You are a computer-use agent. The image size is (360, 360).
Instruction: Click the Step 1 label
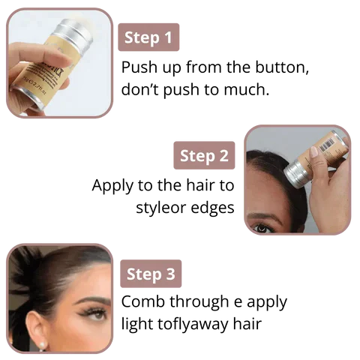[148, 37]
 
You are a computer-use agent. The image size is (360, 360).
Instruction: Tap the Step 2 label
[204, 155]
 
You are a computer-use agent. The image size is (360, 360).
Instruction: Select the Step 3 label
[151, 274]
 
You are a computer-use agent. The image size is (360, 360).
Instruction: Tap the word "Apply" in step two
[112, 186]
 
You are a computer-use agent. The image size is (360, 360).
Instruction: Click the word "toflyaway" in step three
[193, 324]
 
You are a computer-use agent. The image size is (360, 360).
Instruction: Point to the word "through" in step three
[199, 302]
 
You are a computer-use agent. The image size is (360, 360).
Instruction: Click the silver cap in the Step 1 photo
[73, 32]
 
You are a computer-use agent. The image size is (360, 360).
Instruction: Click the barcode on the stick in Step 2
[327, 145]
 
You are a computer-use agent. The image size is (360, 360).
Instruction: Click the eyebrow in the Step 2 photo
[265, 215]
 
